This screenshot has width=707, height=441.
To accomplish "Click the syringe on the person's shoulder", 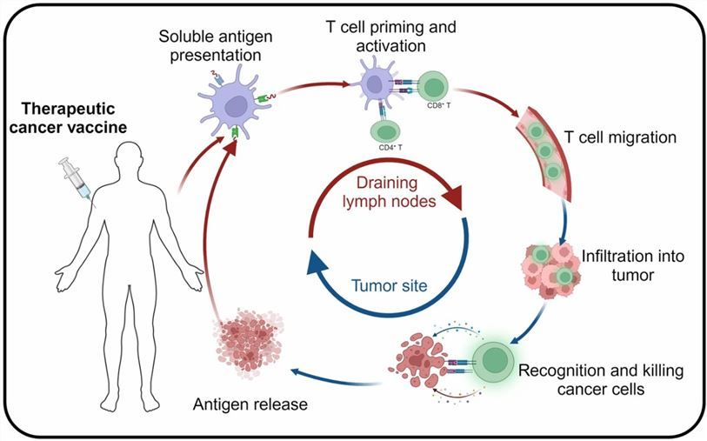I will pyautogui.click(x=73, y=180).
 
